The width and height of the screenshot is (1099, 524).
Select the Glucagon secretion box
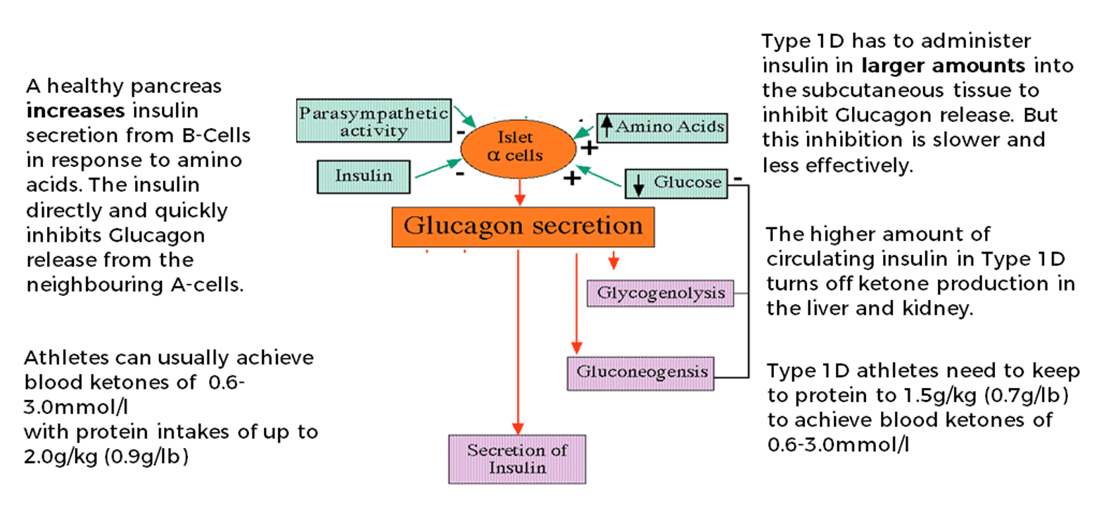523,227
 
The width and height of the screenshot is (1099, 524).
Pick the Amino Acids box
661,127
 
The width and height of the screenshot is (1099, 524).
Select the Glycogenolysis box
660,292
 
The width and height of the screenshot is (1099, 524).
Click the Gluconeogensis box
641,373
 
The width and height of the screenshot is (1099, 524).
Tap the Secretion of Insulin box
517,459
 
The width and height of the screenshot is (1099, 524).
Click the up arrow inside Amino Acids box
606,127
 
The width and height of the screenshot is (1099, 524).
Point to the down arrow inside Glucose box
639,184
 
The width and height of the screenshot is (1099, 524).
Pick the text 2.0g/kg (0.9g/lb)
106,456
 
